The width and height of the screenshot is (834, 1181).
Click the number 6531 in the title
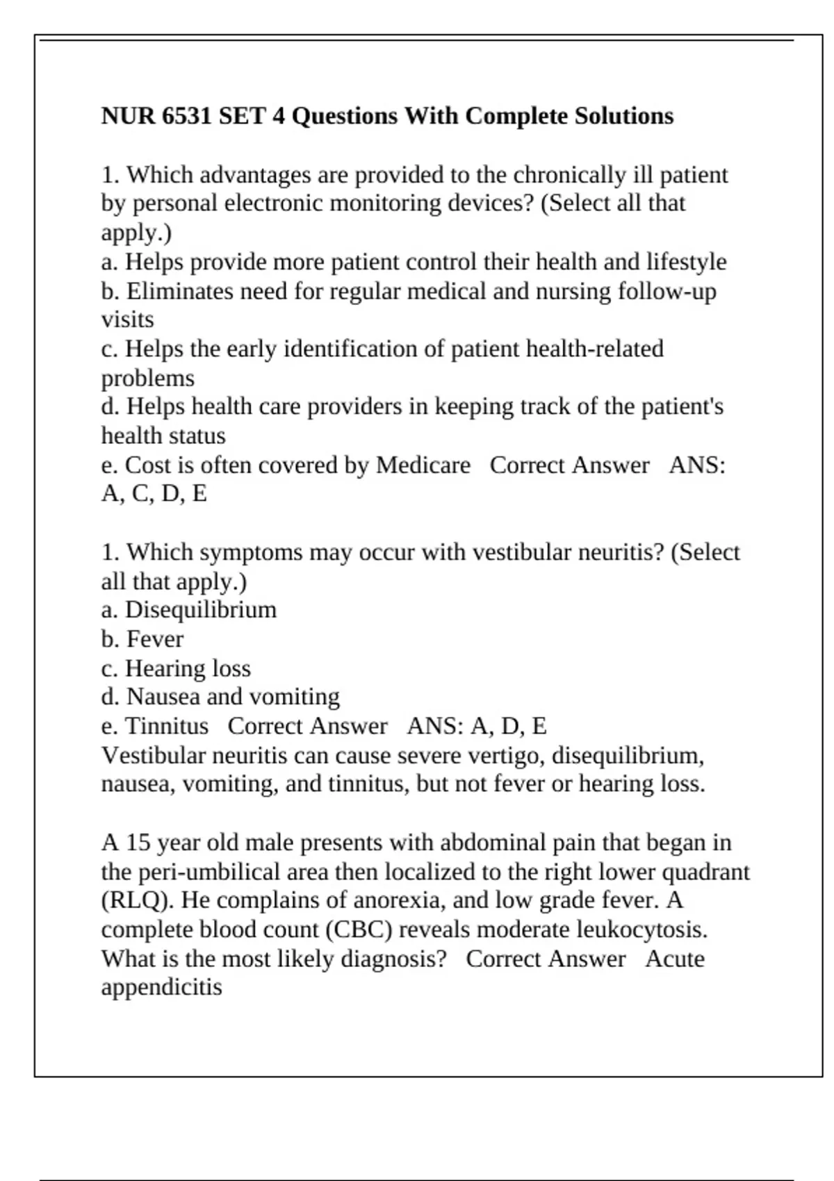point(186,116)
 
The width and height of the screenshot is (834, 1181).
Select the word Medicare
point(423,465)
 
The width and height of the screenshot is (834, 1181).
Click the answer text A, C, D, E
point(154,494)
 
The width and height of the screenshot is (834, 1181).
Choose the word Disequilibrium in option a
point(200,610)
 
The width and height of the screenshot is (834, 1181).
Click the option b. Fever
point(142,639)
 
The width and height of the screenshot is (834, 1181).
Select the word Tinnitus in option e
point(166,726)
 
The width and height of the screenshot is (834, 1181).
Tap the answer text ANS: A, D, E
point(477,726)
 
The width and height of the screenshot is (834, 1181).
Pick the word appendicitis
point(161,987)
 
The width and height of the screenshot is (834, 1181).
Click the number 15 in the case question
point(138,843)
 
